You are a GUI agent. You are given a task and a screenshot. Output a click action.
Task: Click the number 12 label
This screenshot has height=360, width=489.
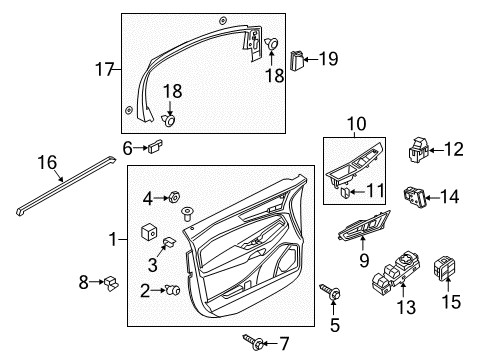tap(454, 150)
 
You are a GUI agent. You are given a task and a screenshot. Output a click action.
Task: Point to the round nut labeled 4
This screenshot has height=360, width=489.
tap(173, 196)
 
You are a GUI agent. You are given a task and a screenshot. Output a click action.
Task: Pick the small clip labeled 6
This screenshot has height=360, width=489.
tap(155, 148)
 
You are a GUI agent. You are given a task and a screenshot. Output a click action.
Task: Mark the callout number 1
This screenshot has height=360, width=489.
tap(112, 239)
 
